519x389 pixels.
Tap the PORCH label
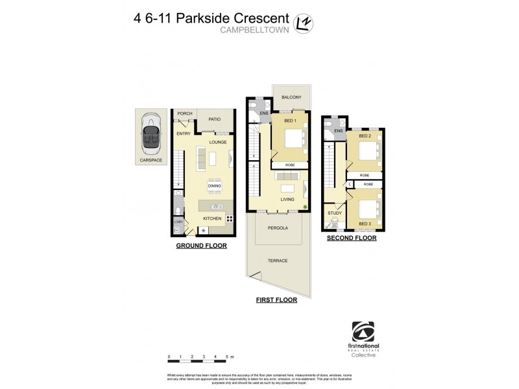[185, 113]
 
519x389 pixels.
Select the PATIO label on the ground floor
[215, 119]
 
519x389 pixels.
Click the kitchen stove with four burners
[229, 218]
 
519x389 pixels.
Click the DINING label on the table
[215, 186]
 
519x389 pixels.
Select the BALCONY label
[291, 97]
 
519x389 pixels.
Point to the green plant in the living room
[306, 207]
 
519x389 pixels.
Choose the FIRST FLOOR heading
[277, 300]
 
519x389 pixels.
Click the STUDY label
[334, 212]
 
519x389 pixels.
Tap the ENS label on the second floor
[339, 132]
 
